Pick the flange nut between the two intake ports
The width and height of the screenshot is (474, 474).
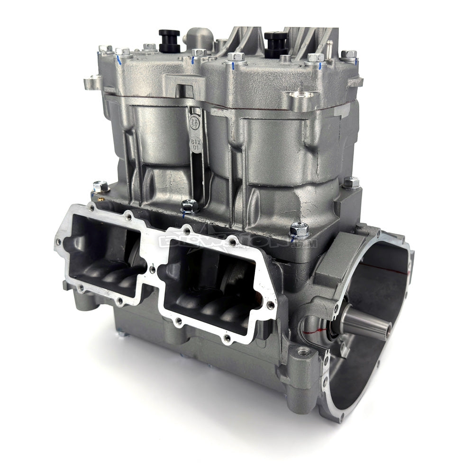click(x=190, y=207)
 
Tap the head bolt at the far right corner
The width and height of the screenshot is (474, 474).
click(x=348, y=55)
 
